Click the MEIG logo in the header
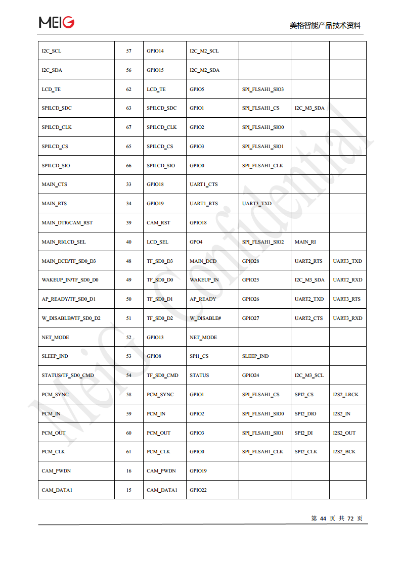57,22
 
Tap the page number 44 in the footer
323,518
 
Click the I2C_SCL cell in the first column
52,51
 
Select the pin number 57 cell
128,51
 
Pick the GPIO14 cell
155,51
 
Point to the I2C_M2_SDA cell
204,70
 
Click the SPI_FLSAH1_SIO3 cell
263,89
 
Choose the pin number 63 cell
128,108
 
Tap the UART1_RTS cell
204,204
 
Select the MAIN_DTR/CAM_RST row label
67,223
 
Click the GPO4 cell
196,242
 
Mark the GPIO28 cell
251,261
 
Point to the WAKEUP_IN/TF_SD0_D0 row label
70,280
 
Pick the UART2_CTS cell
308,318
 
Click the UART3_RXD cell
347,318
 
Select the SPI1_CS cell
199,356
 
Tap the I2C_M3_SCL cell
309,375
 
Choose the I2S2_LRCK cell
345,395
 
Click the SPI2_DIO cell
305,414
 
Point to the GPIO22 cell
198,490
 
